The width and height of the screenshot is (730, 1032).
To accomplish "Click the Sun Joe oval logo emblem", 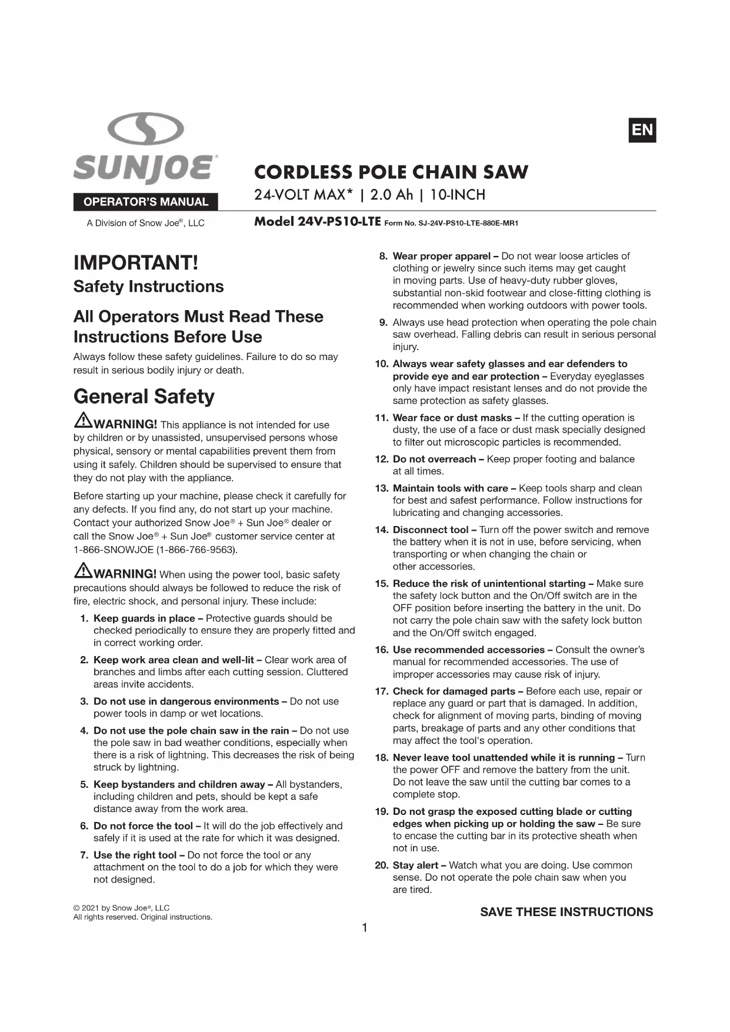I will click(x=145, y=129).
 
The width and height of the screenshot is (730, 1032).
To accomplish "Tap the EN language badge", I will click(x=642, y=130).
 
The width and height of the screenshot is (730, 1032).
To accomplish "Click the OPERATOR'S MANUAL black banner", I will click(x=145, y=202).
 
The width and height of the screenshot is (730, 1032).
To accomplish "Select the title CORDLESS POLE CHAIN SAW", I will click(x=391, y=172).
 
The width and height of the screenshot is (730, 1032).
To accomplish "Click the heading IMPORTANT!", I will click(x=136, y=263).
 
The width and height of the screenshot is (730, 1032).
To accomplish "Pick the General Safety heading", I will click(x=144, y=397).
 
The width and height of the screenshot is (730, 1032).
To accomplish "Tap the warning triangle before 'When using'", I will click(x=83, y=570).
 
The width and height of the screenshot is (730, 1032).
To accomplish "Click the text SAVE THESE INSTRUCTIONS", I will click(x=566, y=912).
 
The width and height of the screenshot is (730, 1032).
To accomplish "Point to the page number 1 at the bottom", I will click(x=365, y=928).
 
